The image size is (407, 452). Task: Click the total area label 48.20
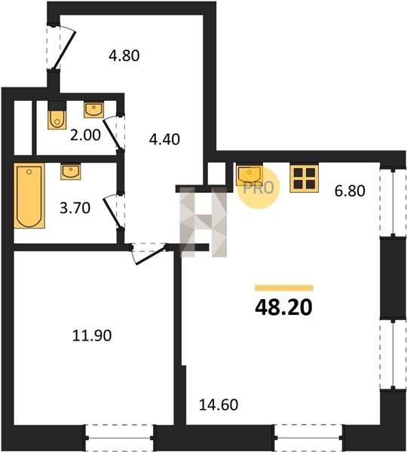(283, 307)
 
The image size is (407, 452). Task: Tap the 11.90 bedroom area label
(92, 335)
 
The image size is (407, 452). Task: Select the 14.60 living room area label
(219, 405)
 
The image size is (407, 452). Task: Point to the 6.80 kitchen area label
(350, 191)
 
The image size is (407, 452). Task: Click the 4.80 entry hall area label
(124, 55)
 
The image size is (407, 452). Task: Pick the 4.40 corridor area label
(164, 139)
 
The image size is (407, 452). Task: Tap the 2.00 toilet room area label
(85, 135)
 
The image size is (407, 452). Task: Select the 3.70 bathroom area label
(75, 208)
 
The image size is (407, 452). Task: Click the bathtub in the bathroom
(29, 196)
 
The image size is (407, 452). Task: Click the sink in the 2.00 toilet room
(93, 109)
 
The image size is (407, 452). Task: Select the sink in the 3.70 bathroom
(71, 171)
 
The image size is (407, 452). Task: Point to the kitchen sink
(249, 175)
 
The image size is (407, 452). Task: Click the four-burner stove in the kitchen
(304, 178)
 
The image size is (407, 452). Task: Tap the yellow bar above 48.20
(284, 288)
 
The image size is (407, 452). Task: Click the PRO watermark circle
(259, 188)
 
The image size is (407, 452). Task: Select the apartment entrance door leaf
(66, 50)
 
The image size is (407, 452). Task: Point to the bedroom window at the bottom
(119, 438)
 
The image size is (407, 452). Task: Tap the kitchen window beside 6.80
(393, 203)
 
